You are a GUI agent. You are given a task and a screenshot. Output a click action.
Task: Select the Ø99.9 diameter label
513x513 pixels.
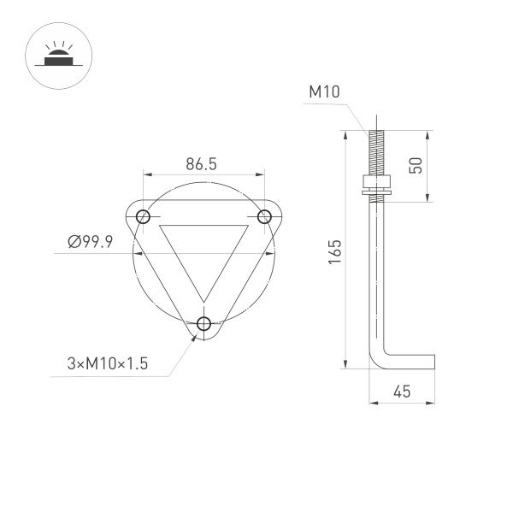pos(91,243)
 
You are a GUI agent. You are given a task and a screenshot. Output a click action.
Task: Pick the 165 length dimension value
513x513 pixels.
pos(334,250)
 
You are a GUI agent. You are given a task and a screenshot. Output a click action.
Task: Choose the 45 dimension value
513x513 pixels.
pos(401,392)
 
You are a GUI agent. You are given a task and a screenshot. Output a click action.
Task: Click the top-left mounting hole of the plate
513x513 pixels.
pos(143,215)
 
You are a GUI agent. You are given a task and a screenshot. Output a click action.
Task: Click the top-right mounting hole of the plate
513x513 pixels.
pos(264,215)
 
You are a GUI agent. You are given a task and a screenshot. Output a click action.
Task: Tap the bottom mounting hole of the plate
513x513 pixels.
pos(203,322)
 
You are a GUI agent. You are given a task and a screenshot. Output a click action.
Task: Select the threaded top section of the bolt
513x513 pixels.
pos(374,152)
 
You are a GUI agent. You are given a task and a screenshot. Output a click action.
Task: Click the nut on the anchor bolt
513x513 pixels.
pos(374,181)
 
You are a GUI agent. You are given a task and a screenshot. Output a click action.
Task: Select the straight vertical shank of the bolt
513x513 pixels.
pos(374,274)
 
